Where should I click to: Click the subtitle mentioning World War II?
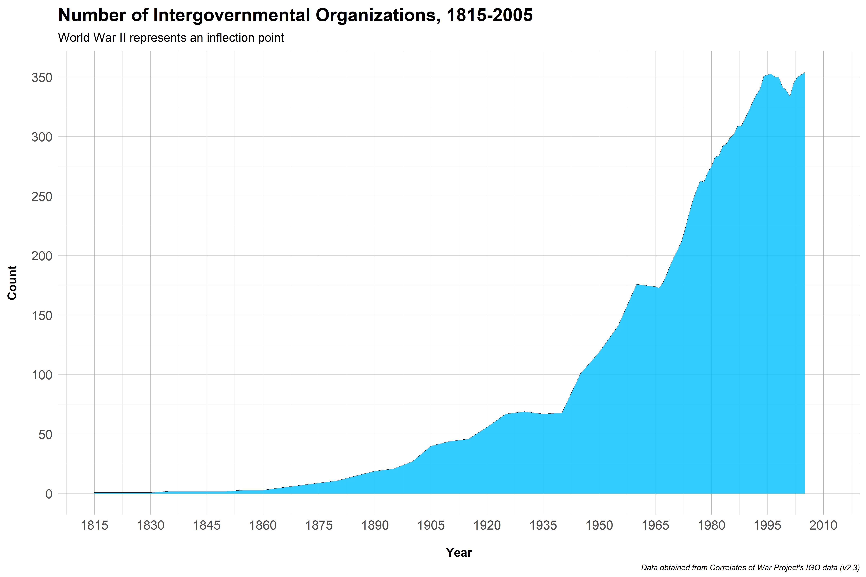click(171, 38)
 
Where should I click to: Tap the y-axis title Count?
click(12, 283)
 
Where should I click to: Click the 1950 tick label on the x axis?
click(599, 525)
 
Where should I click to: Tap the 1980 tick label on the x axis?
click(711, 525)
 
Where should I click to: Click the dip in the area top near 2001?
click(790, 96)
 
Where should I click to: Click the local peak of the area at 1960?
click(637, 285)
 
